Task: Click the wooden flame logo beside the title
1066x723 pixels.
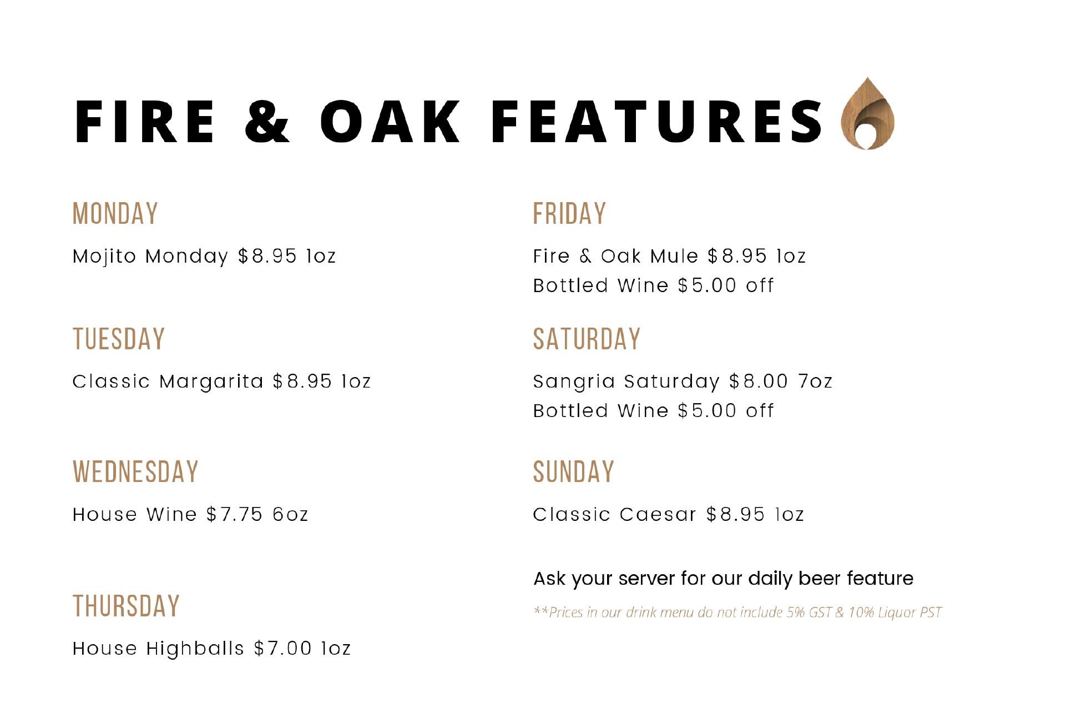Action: [867, 114]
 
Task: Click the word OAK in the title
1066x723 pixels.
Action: [390, 120]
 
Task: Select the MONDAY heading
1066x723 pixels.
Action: [115, 214]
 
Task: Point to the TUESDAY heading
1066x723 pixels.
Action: [119, 339]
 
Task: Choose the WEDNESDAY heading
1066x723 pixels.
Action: [135, 472]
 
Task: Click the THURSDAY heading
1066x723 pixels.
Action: [127, 606]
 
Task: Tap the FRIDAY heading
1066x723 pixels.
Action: [569, 214]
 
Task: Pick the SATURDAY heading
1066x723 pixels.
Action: [587, 339]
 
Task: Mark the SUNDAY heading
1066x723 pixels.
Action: [574, 472]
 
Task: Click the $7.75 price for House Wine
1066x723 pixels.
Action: [234, 514]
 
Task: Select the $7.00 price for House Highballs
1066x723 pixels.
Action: [282, 648]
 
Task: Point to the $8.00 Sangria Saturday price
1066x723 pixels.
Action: [759, 381]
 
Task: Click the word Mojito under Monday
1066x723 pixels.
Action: [104, 257]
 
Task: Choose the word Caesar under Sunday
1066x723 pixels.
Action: [658, 514]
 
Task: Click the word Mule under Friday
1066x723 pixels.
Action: [674, 256]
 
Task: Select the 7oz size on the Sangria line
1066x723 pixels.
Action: [815, 381]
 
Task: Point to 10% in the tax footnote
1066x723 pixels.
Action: [861, 612]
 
